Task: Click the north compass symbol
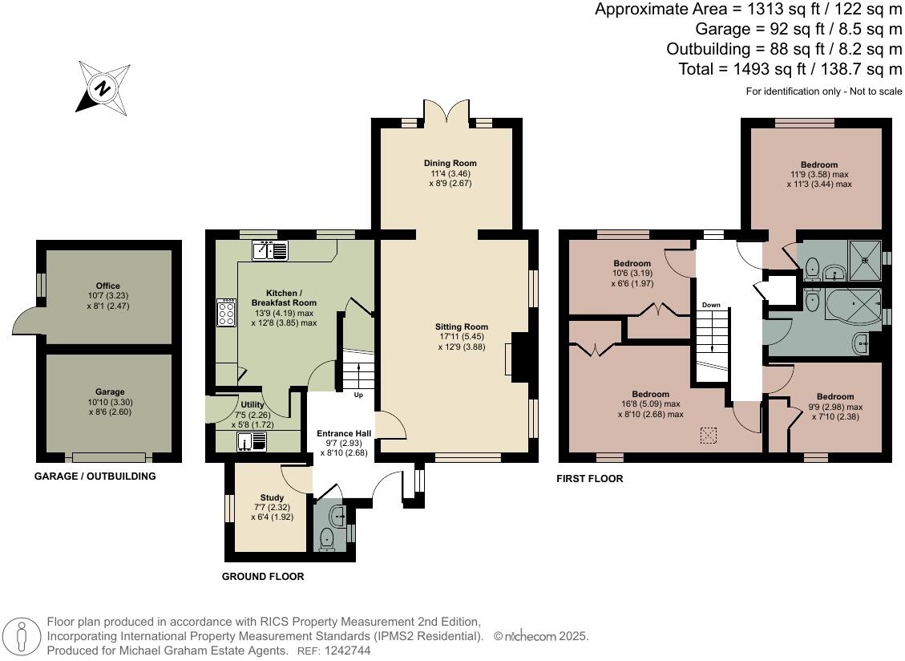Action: [x=103, y=87]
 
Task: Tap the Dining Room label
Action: [x=450, y=163]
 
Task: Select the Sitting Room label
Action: [x=462, y=326]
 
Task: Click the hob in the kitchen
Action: [x=226, y=312]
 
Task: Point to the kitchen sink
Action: [x=269, y=251]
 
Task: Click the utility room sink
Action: [x=251, y=441]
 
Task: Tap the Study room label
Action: [x=272, y=497]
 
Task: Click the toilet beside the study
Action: [x=327, y=539]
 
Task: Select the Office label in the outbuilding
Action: [x=108, y=286]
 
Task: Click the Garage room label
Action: [x=110, y=391]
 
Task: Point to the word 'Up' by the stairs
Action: [x=358, y=395]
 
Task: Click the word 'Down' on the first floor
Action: [x=711, y=305]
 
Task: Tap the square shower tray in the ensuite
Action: [x=865, y=260]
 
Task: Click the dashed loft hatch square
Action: [x=708, y=436]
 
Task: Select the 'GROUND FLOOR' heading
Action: [x=263, y=576]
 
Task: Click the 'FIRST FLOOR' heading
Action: [x=590, y=478]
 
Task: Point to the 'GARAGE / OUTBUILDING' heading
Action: [x=95, y=476]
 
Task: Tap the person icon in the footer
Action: [x=22, y=638]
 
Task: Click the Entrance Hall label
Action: [x=344, y=433]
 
